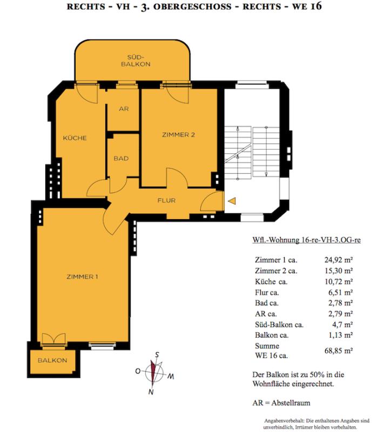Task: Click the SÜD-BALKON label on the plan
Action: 136,61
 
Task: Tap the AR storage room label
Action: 124,109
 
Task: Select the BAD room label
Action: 121,158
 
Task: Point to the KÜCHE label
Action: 75,138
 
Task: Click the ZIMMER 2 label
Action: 178,134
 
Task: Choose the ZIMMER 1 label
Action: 82,276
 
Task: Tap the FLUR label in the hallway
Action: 166,200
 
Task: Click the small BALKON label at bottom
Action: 52,360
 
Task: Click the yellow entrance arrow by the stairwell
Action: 232,201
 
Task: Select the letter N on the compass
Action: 151,391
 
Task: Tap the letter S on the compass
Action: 157,355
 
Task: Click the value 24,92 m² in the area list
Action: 339,260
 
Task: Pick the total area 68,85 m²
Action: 339,350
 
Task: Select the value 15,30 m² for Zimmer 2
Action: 339,271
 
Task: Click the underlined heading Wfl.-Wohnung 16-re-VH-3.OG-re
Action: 306,240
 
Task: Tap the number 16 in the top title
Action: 316,6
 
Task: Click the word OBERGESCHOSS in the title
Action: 192,6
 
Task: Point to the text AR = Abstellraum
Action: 281,403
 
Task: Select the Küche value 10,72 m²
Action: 339,281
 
